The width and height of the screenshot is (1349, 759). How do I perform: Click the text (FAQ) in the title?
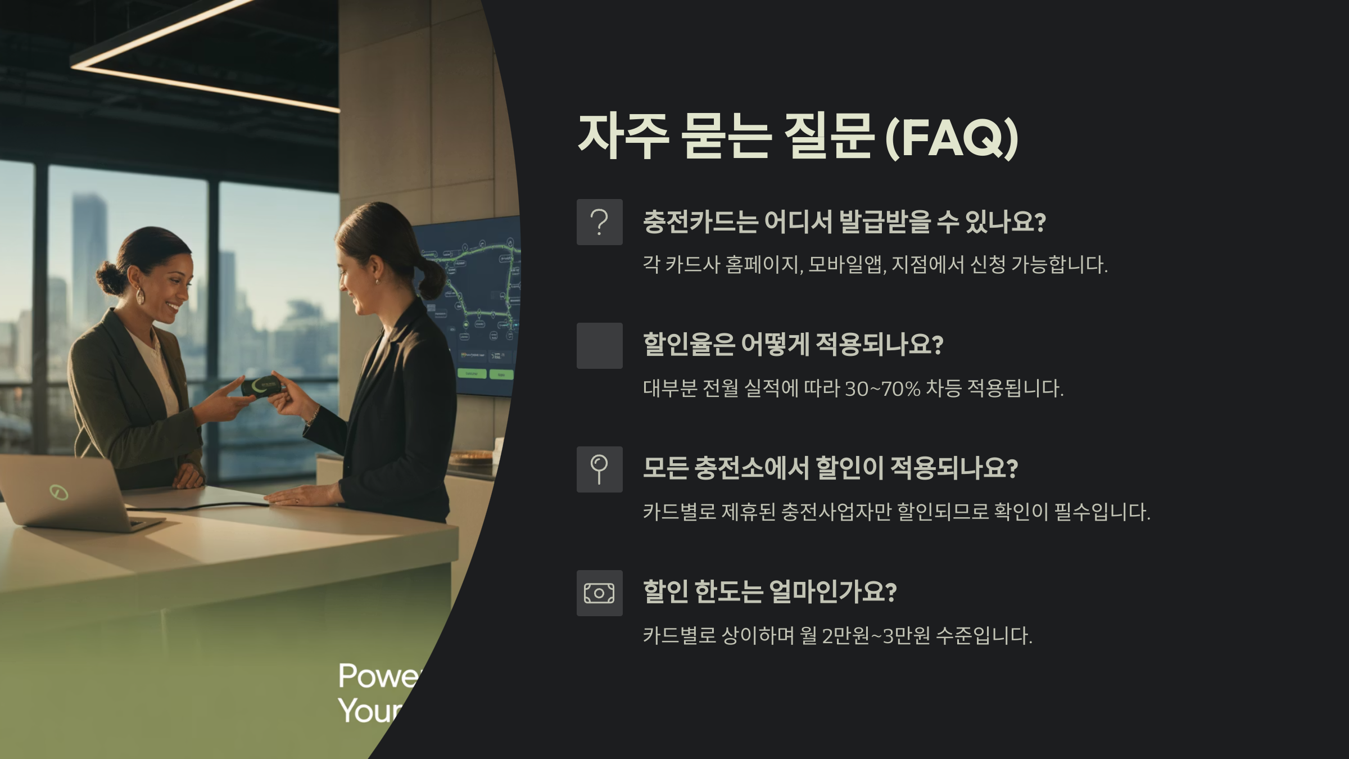952,137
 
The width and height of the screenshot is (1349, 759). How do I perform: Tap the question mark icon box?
599,222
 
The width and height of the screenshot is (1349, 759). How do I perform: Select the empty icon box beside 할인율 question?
599,346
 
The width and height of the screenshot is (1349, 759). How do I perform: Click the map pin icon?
599,469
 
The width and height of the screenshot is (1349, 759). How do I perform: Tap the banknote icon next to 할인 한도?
599,593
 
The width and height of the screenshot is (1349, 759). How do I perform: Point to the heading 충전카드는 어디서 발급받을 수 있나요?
844,222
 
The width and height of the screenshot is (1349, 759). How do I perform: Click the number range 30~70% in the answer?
882,388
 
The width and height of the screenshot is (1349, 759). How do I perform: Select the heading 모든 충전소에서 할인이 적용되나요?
830,468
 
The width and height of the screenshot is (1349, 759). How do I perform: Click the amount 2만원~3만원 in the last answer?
876,636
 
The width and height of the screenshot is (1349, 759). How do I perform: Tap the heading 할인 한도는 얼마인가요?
769,592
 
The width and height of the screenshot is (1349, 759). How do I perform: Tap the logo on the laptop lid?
58,493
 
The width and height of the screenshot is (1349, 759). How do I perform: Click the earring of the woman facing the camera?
139,296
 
